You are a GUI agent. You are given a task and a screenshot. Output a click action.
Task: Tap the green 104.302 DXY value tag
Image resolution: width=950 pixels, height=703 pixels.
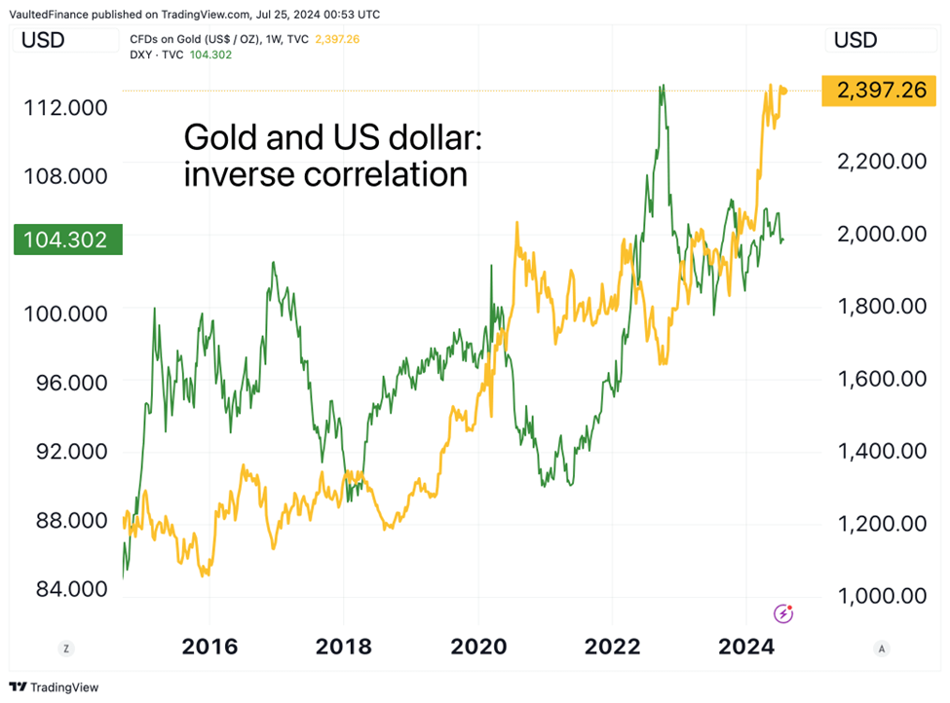(x=67, y=239)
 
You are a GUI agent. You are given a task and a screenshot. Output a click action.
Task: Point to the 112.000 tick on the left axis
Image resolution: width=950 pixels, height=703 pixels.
(x=66, y=107)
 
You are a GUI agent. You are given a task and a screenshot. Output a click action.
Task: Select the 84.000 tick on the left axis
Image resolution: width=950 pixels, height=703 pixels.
(x=66, y=589)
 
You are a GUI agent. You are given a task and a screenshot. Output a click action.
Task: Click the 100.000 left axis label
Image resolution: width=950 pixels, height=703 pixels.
(x=66, y=314)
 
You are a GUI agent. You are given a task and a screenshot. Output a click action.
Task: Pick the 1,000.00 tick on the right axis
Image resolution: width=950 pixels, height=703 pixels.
(x=881, y=596)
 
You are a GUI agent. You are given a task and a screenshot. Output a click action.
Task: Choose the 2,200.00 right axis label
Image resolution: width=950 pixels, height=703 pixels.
(x=881, y=161)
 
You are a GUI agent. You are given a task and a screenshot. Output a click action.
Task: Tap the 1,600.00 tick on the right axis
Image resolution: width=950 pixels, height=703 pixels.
(x=881, y=379)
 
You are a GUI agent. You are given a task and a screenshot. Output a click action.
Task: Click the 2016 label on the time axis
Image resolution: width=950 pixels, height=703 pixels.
(x=210, y=647)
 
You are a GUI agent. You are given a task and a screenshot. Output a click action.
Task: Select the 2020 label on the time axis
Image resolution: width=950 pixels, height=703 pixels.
(x=477, y=647)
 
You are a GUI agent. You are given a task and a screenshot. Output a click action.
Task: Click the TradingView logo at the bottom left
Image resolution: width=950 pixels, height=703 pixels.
(x=54, y=687)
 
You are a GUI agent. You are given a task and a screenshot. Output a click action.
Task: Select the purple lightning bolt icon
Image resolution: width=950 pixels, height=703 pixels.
(x=783, y=613)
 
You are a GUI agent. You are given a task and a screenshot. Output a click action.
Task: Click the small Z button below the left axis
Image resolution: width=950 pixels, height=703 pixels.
(x=65, y=647)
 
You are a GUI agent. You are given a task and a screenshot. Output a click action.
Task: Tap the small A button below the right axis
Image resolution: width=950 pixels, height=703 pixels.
(x=881, y=647)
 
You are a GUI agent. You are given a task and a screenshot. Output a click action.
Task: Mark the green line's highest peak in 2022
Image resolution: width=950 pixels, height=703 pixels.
(x=663, y=86)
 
